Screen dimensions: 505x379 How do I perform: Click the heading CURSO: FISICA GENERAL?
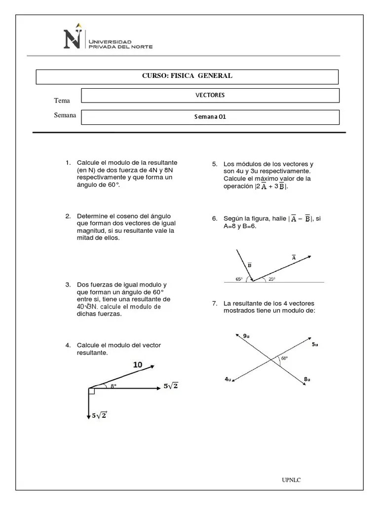pos(187,76)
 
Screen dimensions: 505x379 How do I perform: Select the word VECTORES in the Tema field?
pos(210,95)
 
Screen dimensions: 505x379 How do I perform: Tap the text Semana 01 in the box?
pos(210,117)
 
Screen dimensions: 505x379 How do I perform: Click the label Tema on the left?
pos(62,101)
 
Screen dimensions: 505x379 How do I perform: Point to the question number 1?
pos(68,163)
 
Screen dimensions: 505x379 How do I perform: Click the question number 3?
pos(68,285)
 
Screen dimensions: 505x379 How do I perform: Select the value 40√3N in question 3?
pos(87,307)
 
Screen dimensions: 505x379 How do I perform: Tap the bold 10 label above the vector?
pos(138,364)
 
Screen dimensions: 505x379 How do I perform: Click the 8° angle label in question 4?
pos(114,386)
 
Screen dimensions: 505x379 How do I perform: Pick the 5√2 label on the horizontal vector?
pos(170,386)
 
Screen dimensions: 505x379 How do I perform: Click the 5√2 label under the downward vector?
pos(99,416)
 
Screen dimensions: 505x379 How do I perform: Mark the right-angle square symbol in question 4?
pos(91,391)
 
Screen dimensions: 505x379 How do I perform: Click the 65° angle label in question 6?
pos(239,279)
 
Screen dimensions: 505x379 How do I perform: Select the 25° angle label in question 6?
pos(271,279)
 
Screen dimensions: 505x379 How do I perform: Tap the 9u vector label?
pos(246,336)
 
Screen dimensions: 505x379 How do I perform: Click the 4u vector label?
pos(227,379)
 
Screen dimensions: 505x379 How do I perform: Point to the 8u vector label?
pos(307,379)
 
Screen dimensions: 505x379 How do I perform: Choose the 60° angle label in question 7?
pos(284,359)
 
